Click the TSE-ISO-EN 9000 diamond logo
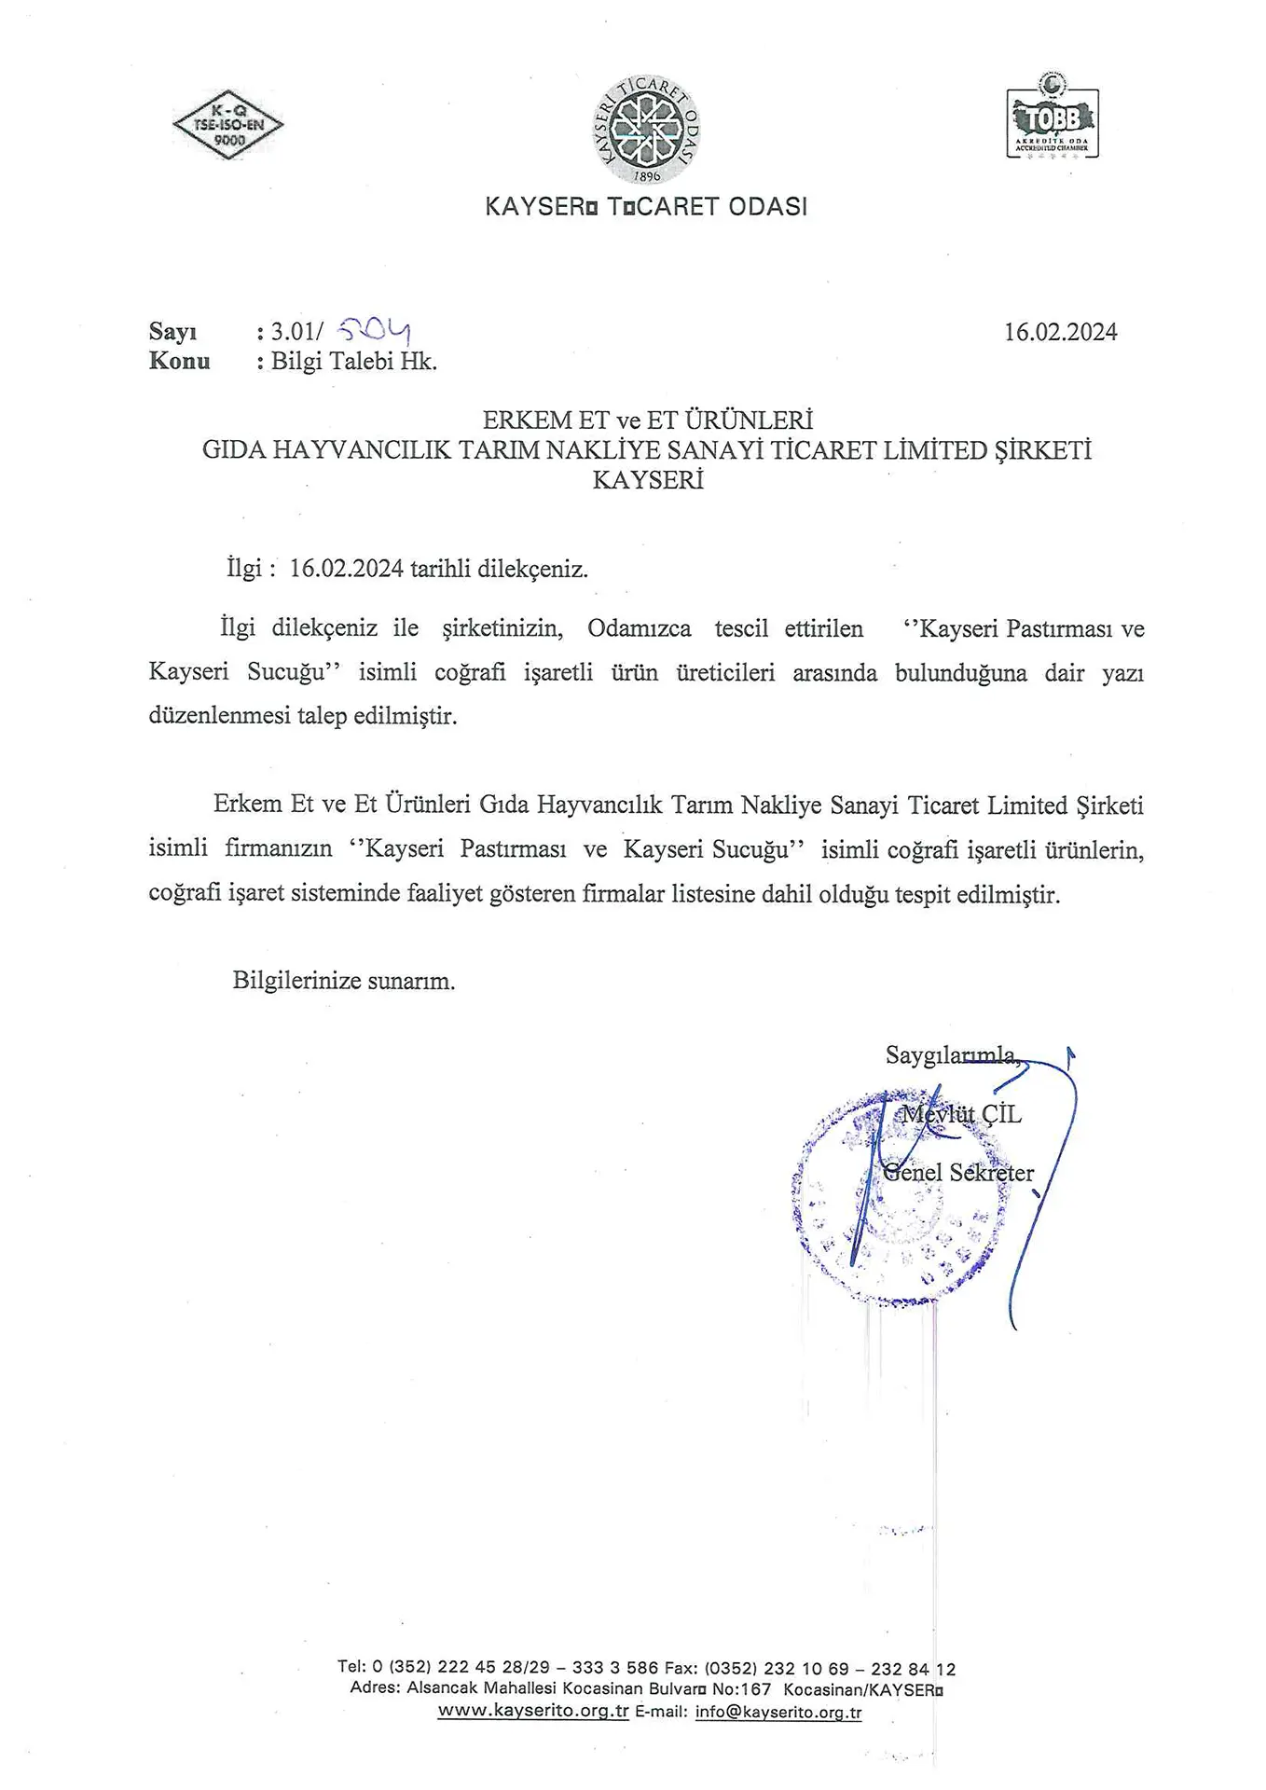pyautogui.click(x=228, y=125)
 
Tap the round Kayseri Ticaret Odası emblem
pyautogui.click(x=647, y=130)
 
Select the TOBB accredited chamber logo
pyautogui.click(x=1053, y=118)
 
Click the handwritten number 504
pyautogui.click(x=374, y=329)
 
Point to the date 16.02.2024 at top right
pyautogui.click(x=1060, y=332)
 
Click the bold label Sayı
pyautogui.click(x=172, y=332)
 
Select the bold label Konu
pyautogui.click(x=179, y=362)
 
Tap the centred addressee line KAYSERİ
pyautogui.click(x=648, y=480)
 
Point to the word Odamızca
pyautogui.click(x=639, y=628)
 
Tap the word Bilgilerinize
pyautogui.click(x=296, y=981)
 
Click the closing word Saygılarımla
pyautogui.click(x=950, y=1055)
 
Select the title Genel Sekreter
pyautogui.click(x=958, y=1173)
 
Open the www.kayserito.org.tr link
pyautogui.click(x=533, y=1712)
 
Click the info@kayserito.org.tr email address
pyautogui.click(x=777, y=1713)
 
